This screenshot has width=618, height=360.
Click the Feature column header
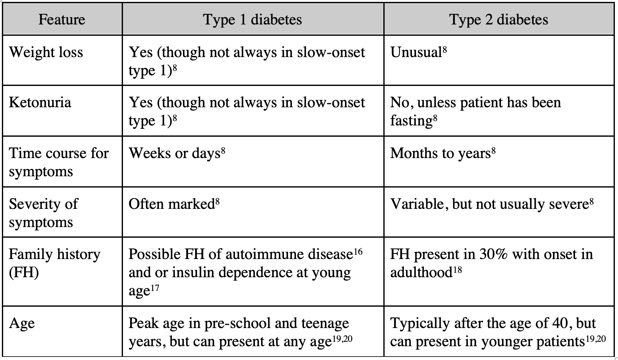62,19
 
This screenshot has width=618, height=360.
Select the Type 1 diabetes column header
253,19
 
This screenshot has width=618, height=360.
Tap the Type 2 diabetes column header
499,19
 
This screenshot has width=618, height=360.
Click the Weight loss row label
46,52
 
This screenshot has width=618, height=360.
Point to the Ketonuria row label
40,103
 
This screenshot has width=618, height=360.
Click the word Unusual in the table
416,52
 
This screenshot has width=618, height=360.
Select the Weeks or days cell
177,153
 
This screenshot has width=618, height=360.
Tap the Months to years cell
443,153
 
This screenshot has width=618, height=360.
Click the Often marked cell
174,204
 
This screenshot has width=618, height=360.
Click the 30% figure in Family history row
493,254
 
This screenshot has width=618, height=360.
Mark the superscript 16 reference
358,251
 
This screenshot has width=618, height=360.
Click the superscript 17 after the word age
155,288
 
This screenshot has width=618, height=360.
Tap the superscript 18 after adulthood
457,270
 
